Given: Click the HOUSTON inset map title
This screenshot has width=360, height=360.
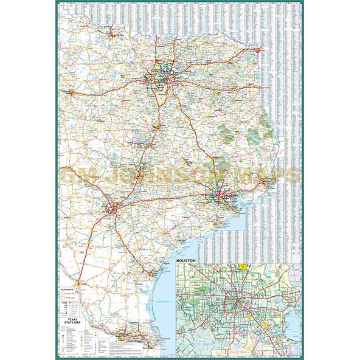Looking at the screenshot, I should coord(187,261).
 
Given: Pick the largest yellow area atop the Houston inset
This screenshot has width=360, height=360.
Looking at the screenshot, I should coord(244,267).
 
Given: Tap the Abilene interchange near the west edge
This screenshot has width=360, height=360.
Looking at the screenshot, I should coord(72,92).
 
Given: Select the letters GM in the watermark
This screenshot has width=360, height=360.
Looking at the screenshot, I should coord(75,175).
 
